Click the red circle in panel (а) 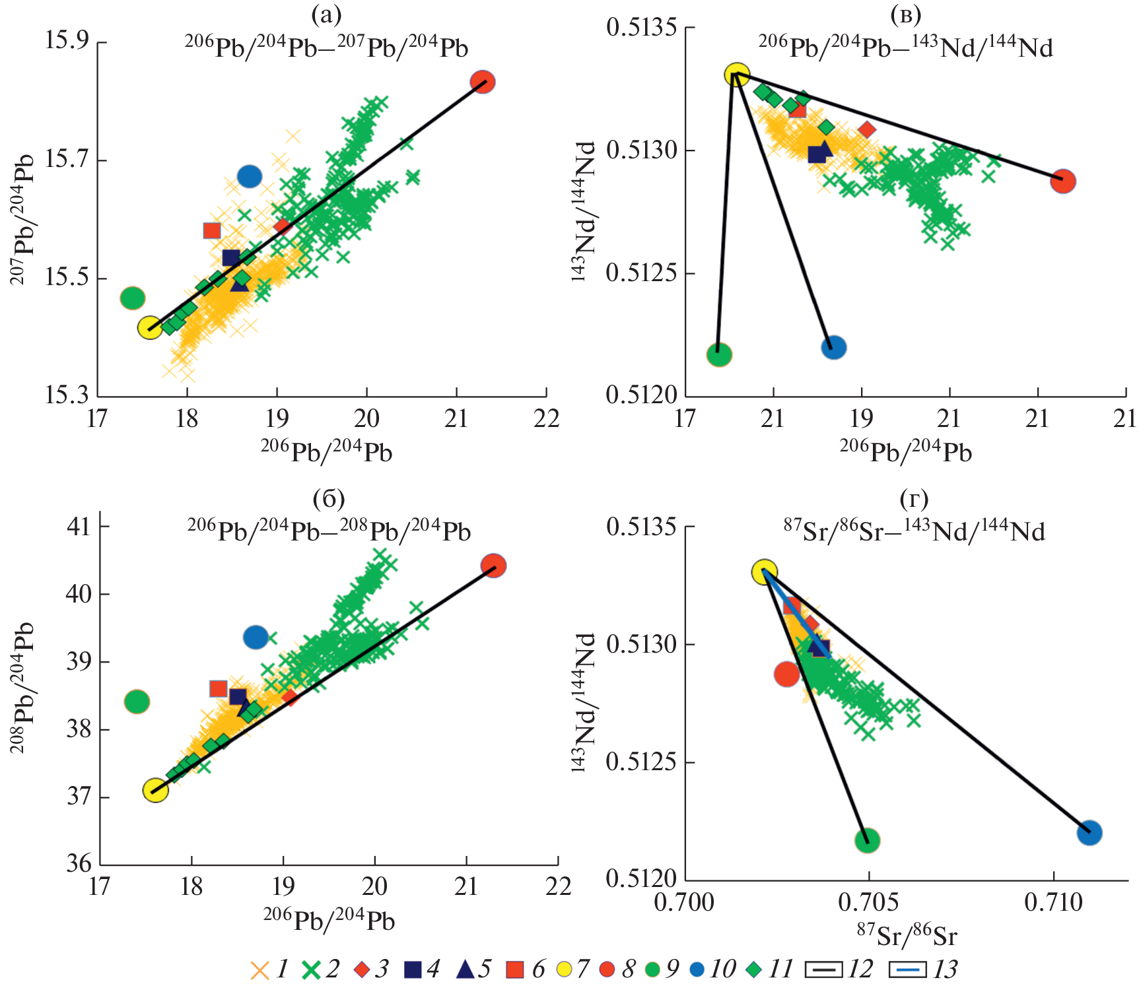[483, 82]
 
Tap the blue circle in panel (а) [250, 176]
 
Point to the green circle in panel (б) [137, 701]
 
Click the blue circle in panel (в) [834, 347]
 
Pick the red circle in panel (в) [1063, 181]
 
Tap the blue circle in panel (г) [1089, 832]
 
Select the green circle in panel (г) [868, 840]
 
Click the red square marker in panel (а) [212, 230]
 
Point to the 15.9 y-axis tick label [67, 41]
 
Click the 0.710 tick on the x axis [1054, 902]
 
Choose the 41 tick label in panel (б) [79, 526]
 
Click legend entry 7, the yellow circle [564, 970]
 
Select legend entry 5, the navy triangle [465, 969]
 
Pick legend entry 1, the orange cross [260, 970]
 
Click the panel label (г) [915, 499]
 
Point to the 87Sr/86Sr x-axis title [907, 935]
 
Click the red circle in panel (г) [787, 674]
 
